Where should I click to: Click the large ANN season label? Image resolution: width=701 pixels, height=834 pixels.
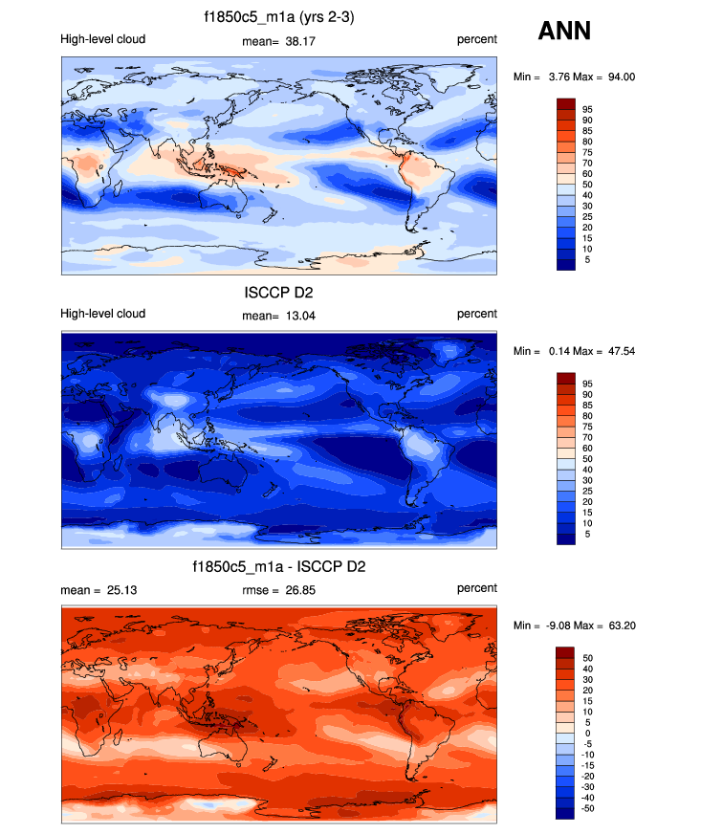click(564, 31)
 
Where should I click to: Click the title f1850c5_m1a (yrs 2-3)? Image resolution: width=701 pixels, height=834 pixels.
click(278, 17)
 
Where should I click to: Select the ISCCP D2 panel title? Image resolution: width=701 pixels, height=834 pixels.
click(278, 292)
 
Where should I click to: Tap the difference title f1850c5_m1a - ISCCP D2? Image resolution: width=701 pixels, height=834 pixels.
click(278, 567)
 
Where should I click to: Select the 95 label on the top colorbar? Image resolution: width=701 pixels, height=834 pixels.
click(587, 109)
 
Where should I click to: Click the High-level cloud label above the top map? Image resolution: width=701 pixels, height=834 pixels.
click(102, 40)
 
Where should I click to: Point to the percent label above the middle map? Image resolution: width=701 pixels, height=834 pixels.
click(476, 315)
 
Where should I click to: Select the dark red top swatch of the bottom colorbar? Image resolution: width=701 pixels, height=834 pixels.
click(565, 652)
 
